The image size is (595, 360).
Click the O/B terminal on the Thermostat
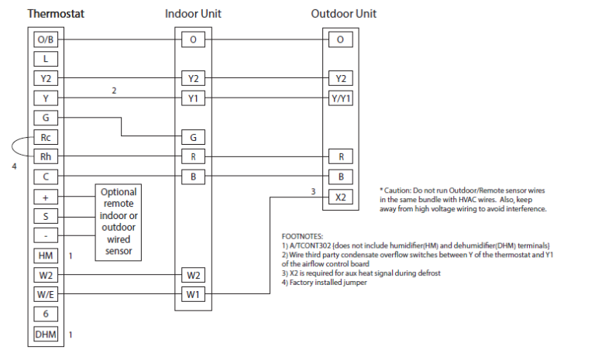46,39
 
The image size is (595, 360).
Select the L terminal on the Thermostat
46,59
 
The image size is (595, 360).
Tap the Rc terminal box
46,138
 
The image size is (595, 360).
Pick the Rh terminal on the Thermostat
46,157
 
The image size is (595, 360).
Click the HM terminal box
46,255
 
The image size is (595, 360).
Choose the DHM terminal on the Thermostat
46,334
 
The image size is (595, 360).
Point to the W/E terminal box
46,295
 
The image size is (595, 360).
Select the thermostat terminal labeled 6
46,315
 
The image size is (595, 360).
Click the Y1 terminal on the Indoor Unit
193,98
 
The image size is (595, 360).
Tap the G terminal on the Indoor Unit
193,138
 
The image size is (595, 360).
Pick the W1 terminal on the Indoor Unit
193,295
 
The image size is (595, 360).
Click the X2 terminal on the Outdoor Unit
339,197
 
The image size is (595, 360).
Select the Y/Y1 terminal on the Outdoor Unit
339,98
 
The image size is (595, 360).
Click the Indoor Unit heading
193,14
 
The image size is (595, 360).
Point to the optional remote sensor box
119,221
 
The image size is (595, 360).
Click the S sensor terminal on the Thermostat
46,216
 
